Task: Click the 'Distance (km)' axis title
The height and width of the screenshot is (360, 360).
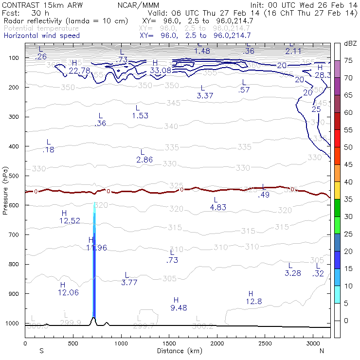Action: click(177, 351)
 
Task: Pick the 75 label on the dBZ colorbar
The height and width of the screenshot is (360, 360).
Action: click(348, 61)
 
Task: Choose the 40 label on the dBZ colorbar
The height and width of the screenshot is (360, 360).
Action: click(348, 182)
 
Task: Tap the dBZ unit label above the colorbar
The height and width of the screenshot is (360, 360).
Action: click(350, 44)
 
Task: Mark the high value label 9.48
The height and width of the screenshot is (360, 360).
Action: click(179, 307)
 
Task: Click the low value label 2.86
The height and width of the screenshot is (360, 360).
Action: click(144, 160)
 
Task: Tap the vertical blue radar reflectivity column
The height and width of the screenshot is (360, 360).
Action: click(94, 263)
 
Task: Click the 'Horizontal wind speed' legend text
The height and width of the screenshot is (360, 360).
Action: click(42, 36)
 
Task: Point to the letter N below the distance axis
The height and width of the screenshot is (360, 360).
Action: click(322, 351)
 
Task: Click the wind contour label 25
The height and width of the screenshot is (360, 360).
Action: click(316, 109)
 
